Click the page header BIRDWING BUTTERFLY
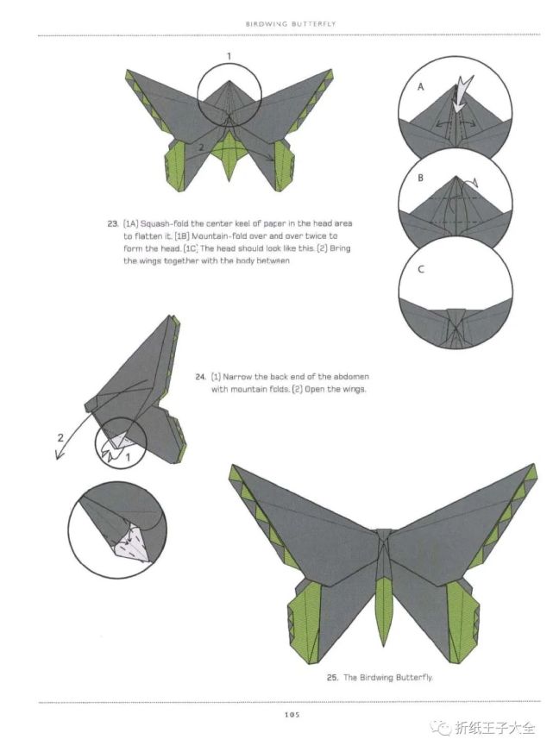click(290, 23)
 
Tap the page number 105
click(292, 715)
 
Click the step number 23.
click(113, 223)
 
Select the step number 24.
click(200, 377)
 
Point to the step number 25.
click(332, 678)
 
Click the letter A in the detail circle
click(421, 87)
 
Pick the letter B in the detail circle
click(421, 178)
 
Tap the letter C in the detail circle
click(421, 270)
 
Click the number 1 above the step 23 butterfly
click(229, 57)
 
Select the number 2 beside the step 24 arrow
click(60, 437)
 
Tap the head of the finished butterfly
click(384, 534)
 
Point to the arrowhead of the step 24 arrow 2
click(59, 454)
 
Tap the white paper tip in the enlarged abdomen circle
click(133, 544)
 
